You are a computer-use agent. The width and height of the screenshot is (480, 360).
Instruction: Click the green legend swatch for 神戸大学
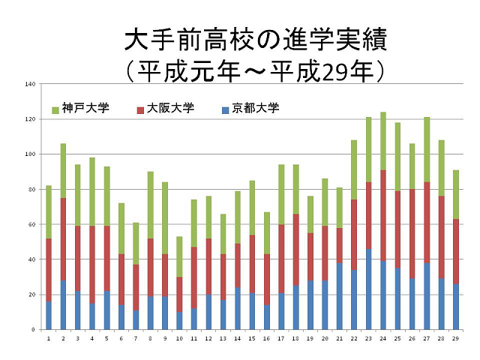55,109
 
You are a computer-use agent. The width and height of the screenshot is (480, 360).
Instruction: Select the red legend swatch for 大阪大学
141,109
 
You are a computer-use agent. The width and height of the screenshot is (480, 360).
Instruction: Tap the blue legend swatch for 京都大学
226,109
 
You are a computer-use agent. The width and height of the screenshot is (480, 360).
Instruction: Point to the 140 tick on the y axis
31,84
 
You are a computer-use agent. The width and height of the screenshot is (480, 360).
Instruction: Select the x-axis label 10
179,339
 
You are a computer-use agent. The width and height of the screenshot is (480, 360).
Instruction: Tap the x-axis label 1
49,339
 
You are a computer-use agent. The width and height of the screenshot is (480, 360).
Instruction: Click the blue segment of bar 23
368,289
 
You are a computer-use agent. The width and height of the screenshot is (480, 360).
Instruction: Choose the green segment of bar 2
64,170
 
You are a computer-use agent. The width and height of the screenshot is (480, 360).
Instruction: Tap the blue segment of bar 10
179,320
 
